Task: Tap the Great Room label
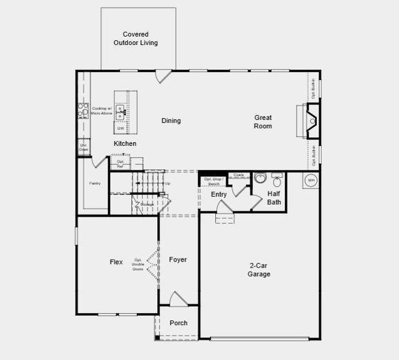click(263, 122)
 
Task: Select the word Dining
click(171, 121)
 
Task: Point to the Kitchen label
click(125, 143)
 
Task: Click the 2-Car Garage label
click(260, 269)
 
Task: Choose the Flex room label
click(116, 262)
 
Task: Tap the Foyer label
click(178, 260)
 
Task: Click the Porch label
click(178, 323)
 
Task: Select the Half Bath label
click(274, 198)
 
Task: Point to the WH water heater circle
click(311, 179)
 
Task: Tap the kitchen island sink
click(121, 110)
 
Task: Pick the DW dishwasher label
click(121, 128)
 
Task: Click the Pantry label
click(94, 183)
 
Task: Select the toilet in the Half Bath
click(260, 179)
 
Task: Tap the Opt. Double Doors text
click(138, 265)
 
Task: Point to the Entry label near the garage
click(219, 194)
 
